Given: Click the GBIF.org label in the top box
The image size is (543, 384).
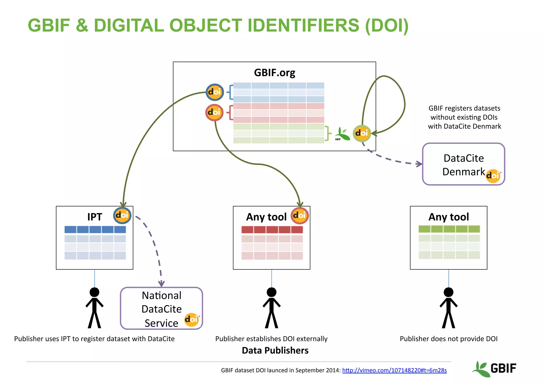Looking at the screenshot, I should [x=274, y=73].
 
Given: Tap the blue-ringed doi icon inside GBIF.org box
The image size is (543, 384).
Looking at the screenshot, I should [x=214, y=92].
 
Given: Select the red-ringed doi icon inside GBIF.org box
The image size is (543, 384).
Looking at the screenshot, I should [x=214, y=113].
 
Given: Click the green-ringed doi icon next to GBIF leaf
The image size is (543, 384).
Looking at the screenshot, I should [x=362, y=133].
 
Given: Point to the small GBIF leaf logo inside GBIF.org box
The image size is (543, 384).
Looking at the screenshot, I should [x=342, y=134].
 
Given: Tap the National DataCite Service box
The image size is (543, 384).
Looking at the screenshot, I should [x=161, y=308].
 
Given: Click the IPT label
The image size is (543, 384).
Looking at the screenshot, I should [x=95, y=217].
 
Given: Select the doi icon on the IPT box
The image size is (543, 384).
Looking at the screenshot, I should [x=122, y=215].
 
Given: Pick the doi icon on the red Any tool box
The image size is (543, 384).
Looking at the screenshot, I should [x=300, y=215].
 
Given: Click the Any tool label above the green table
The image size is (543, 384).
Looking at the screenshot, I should [x=449, y=217].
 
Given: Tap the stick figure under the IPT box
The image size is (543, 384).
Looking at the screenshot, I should [x=94, y=308].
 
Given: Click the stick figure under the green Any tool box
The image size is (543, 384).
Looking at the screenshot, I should [x=448, y=308].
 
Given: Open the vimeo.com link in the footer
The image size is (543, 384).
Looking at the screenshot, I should [x=394, y=370].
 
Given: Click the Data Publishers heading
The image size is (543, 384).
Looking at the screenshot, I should [x=275, y=350].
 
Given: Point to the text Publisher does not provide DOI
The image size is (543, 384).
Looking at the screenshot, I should [x=448, y=339].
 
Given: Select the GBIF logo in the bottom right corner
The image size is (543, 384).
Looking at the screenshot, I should [x=494, y=369].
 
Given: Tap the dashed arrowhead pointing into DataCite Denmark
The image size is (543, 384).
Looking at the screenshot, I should [x=419, y=164].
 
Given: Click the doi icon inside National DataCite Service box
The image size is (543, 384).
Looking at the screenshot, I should [x=191, y=320].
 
